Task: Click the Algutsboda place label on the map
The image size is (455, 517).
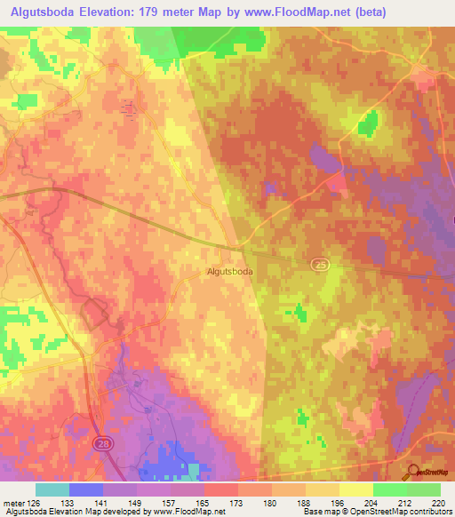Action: [229, 272]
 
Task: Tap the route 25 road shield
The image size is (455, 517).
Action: [319, 265]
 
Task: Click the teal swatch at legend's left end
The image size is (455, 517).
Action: [52, 489]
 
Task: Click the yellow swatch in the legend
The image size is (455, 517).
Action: [355, 489]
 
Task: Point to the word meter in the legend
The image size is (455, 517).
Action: [13, 501]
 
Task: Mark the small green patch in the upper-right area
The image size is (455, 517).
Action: [367, 123]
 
